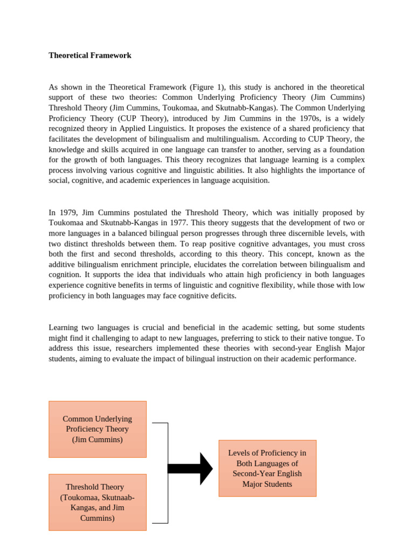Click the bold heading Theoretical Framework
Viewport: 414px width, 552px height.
(90, 56)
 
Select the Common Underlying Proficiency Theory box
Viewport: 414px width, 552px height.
(98, 429)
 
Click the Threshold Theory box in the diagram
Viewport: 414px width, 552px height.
(98, 502)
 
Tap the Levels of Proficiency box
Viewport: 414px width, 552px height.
(267, 468)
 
